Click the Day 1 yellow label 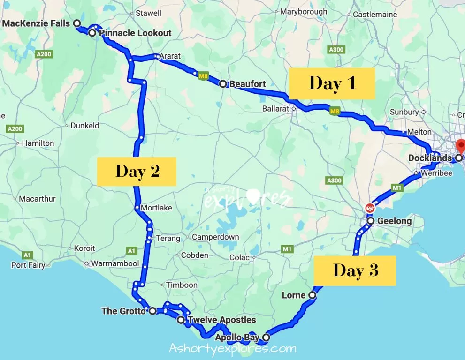[332, 83]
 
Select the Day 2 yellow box [137, 171]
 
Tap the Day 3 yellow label [355, 270]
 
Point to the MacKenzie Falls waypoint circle [77, 23]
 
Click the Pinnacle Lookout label [135, 33]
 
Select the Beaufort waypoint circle [223, 84]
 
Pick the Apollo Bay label [237, 337]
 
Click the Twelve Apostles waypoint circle [181, 320]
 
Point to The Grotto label [123, 311]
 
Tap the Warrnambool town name [115, 263]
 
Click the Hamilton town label [38, 143]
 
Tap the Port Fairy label [28, 265]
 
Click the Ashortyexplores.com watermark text [232, 349]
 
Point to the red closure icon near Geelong [370, 208]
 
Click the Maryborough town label [304, 11]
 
